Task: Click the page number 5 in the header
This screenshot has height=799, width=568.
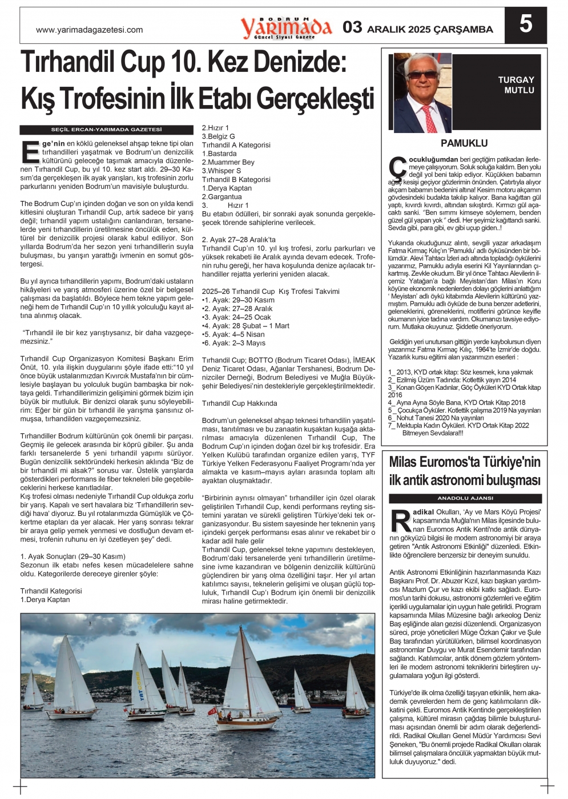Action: tap(525, 25)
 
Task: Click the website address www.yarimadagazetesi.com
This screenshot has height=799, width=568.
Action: tap(89, 30)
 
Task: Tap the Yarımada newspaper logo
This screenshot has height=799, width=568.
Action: tap(285, 27)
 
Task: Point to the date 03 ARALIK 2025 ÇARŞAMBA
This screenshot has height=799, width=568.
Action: tap(418, 28)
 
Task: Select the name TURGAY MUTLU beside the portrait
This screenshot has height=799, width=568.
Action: tap(516, 85)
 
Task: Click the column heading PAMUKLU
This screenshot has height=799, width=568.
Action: tap(464, 143)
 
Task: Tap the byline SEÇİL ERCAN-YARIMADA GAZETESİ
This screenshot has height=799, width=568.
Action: tap(107, 130)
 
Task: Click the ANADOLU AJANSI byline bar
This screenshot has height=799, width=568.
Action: tap(465, 498)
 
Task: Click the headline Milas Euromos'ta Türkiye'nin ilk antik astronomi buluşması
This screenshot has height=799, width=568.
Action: tap(465, 471)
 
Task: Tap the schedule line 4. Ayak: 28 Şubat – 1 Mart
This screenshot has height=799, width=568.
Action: tap(247, 326)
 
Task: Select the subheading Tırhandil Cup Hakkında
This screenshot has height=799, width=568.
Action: tap(239, 403)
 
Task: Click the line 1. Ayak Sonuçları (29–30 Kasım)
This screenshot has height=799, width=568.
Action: tap(72, 556)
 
